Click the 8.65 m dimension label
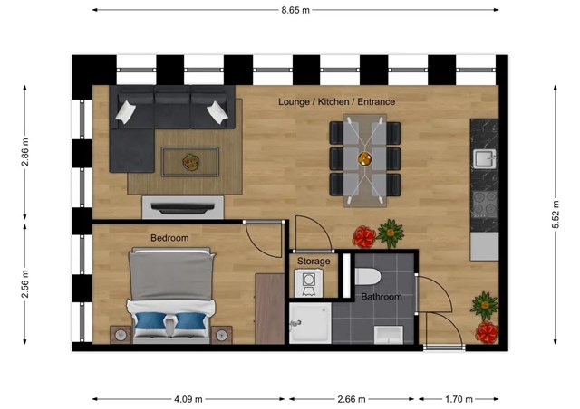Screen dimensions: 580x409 click(x=295, y=10)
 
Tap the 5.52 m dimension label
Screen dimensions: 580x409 click(x=556, y=214)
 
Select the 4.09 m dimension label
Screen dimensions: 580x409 click(x=188, y=399)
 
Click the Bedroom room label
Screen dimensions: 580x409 click(x=169, y=238)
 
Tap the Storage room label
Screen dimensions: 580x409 click(x=314, y=262)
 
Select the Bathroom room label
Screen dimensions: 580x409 click(x=382, y=297)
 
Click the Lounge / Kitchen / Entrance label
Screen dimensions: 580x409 click(x=336, y=101)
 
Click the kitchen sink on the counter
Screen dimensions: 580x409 click(x=485, y=158)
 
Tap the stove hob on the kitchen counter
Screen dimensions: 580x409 click(x=485, y=204)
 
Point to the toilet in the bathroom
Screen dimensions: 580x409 click(x=368, y=277)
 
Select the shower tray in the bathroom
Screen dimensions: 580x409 click(x=310, y=323)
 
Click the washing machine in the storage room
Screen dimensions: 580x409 click(x=308, y=283)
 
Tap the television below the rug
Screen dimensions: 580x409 click(x=183, y=208)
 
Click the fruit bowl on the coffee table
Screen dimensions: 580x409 click(x=191, y=162)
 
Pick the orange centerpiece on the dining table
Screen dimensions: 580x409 click(x=364, y=159)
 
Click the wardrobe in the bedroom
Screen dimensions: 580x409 click(x=270, y=309)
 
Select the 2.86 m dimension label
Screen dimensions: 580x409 click(x=25, y=152)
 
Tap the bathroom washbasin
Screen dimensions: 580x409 click(x=389, y=335)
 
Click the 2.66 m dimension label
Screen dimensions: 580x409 click(x=352, y=399)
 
